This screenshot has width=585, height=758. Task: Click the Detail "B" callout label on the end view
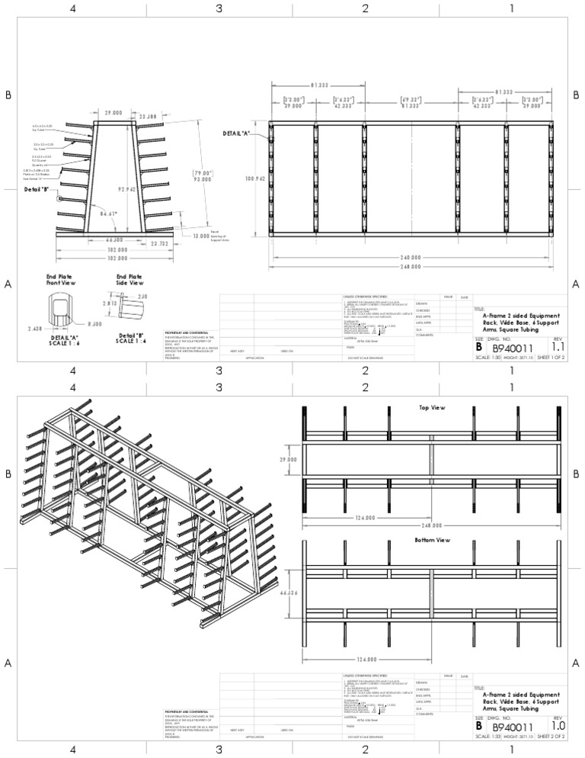[37, 189]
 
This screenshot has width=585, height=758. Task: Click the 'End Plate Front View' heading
[62, 279]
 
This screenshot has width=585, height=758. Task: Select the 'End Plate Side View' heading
[130, 279]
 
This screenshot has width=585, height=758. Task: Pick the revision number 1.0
[558, 727]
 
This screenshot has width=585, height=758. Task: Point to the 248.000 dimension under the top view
[433, 525]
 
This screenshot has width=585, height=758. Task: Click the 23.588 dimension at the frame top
[148, 116]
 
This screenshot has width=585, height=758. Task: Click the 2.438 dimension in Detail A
[34, 328]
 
